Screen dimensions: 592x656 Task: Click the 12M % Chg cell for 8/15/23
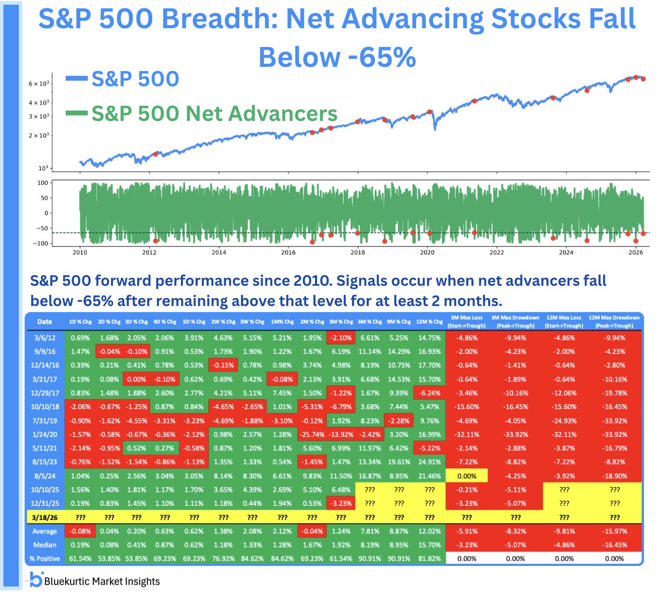point(429,462)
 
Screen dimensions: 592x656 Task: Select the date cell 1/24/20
point(44,434)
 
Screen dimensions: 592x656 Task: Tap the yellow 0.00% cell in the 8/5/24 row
point(466,476)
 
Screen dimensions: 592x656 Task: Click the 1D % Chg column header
point(80,322)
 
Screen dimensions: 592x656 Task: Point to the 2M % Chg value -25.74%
point(312,434)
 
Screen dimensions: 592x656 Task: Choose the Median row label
point(44,545)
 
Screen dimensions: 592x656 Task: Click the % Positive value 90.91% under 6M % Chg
point(369,559)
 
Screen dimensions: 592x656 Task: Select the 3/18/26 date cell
point(44,517)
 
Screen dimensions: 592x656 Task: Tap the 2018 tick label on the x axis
point(358,253)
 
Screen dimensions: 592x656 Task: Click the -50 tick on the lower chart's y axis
point(42,229)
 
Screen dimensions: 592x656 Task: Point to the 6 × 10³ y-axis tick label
point(39,84)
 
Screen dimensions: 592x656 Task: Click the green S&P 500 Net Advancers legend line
point(76,113)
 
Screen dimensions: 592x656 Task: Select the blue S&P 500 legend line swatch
point(76,79)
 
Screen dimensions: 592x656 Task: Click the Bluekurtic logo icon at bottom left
point(35,579)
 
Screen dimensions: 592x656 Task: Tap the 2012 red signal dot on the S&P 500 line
point(155,154)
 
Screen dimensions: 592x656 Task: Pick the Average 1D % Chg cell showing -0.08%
point(80,531)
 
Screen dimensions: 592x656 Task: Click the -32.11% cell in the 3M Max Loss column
point(466,434)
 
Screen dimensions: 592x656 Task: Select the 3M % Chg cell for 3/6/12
point(341,338)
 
